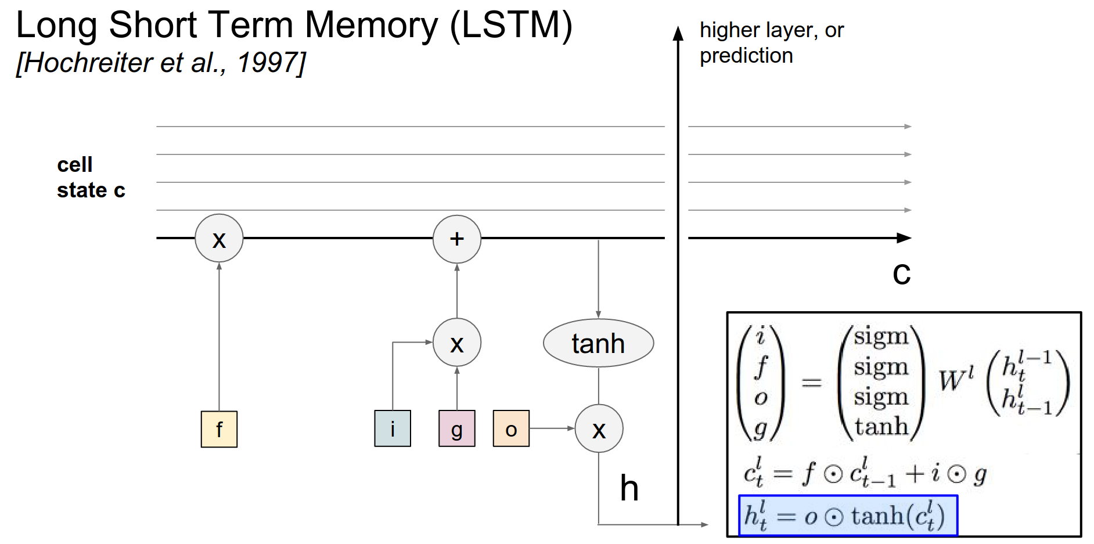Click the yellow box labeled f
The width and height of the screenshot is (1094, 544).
coord(219,429)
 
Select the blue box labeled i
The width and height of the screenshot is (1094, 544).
coord(393,428)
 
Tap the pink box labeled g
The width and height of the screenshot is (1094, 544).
coord(457,428)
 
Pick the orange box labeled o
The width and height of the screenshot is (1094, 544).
coord(511,428)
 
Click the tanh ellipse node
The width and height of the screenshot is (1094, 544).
coord(598,343)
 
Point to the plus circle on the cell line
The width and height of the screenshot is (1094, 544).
coord(457,239)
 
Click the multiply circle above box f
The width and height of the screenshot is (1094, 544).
coord(219,238)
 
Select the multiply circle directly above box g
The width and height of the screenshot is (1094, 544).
coord(457,343)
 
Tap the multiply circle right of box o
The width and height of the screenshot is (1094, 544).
coord(599,428)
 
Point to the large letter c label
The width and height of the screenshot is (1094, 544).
coord(901,273)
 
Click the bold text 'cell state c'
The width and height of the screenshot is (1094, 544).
coord(91,177)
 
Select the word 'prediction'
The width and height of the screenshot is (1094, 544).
coord(746,56)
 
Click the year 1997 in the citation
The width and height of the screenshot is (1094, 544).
coord(268,63)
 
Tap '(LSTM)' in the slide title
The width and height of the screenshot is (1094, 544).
coord(511,26)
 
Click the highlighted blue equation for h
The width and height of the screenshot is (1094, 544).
coord(848,516)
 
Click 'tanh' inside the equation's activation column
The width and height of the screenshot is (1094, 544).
coord(881,426)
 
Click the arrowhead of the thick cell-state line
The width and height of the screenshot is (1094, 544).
coord(904,238)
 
